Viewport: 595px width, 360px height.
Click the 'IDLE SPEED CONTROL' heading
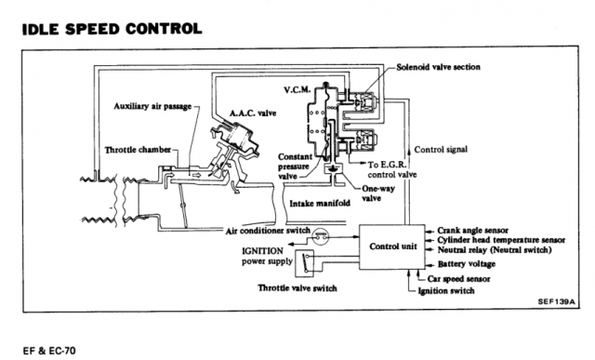(x=112, y=29)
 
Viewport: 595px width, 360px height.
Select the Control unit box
(x=392, y=247)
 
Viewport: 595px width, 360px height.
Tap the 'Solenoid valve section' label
(x=438, y=67)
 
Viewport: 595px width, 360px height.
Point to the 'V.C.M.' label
(x=297, y=90)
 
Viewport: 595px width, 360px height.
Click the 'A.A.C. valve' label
(x=253, y=113)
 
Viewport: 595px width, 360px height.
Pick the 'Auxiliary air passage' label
(x=152, y=106)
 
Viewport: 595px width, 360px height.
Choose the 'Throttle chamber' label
(x=138, y=150)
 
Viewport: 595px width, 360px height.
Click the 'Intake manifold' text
(x=320, y=204)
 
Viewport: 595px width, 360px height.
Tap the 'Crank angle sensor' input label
(x=473, y=230)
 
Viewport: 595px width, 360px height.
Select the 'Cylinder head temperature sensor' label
(x=501, y=240)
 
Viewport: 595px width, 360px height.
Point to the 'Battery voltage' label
(x=467, y=264)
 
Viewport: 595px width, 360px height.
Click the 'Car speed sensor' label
(x=458, y=279)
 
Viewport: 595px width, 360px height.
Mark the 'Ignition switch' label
(x=446, y=291)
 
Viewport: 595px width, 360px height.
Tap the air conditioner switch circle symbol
(x=321, y=237)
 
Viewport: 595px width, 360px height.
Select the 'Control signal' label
(x=441, y=150)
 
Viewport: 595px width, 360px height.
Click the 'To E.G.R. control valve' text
(x=391, y=169)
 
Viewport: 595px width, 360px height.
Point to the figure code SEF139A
(x=556, y=302)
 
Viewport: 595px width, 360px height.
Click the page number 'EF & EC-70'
(x=49, y=350)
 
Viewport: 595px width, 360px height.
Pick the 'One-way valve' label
(x=378, y=193)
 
